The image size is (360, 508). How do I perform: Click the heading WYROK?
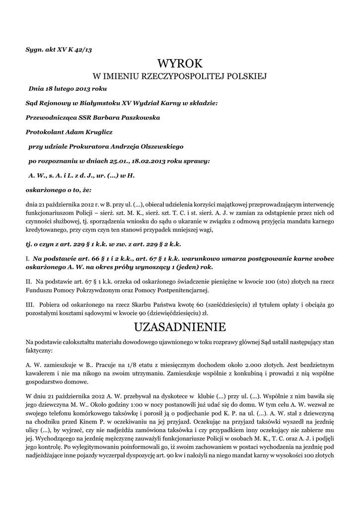point(180,63)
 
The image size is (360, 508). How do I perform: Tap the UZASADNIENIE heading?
point(180,327)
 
